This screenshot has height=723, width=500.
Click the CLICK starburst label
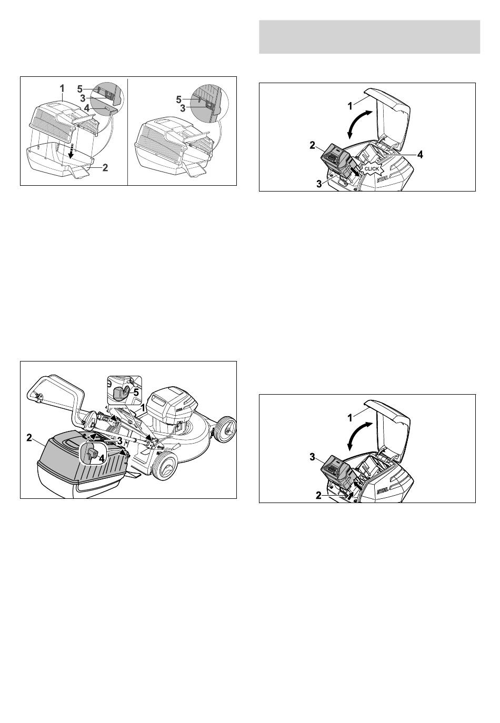click(372, 169)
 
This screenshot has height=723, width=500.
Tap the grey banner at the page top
click(369, 37)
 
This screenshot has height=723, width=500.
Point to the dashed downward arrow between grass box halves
click(73, 150)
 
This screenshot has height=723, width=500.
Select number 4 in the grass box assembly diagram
click(87, 108)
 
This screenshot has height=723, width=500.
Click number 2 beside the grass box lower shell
click(105, 167)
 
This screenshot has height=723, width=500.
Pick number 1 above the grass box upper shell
click(62, 88)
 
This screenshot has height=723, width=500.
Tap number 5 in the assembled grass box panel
click(178, 99)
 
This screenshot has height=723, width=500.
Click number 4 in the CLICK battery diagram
click(419, 155)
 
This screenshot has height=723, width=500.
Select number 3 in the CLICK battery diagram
click(319, 184)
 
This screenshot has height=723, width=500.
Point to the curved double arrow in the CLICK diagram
click(358, 124)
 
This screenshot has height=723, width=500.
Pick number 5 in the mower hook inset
click(136, 393)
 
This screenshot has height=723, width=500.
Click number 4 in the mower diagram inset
click(102, 458)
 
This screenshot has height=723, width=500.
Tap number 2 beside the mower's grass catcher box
click(29, 437)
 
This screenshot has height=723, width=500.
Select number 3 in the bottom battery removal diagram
click(312, 457)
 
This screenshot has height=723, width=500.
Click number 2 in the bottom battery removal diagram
click(318, 496)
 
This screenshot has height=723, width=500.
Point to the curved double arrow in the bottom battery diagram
click(358, 435)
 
